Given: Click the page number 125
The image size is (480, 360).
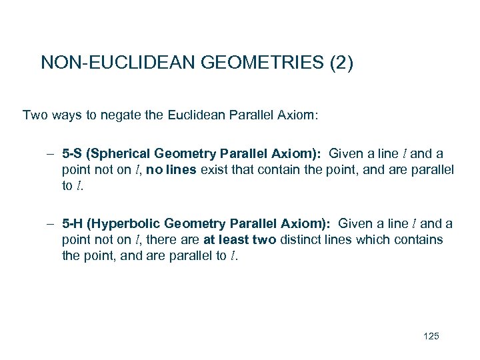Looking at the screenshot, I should point(431,336).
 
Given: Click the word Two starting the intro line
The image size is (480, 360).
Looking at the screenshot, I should point(35,115).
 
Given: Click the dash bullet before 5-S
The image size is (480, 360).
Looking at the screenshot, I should point(51,154).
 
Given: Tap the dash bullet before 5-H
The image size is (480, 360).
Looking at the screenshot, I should point(51,224).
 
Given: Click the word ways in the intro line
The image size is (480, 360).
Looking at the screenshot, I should point(67,115).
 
